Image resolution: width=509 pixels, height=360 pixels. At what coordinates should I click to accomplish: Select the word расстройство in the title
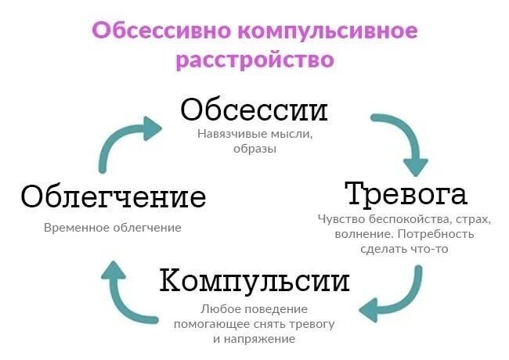[254, 60]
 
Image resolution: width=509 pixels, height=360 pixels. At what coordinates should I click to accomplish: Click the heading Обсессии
[254, 109]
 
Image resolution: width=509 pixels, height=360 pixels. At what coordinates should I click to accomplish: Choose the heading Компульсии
[254, 280]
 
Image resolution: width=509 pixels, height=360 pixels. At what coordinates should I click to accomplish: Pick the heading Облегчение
[114, 196]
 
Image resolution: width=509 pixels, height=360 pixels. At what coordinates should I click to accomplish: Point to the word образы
[254, 149]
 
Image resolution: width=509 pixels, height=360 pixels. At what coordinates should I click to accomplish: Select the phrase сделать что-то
[405, 249]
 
